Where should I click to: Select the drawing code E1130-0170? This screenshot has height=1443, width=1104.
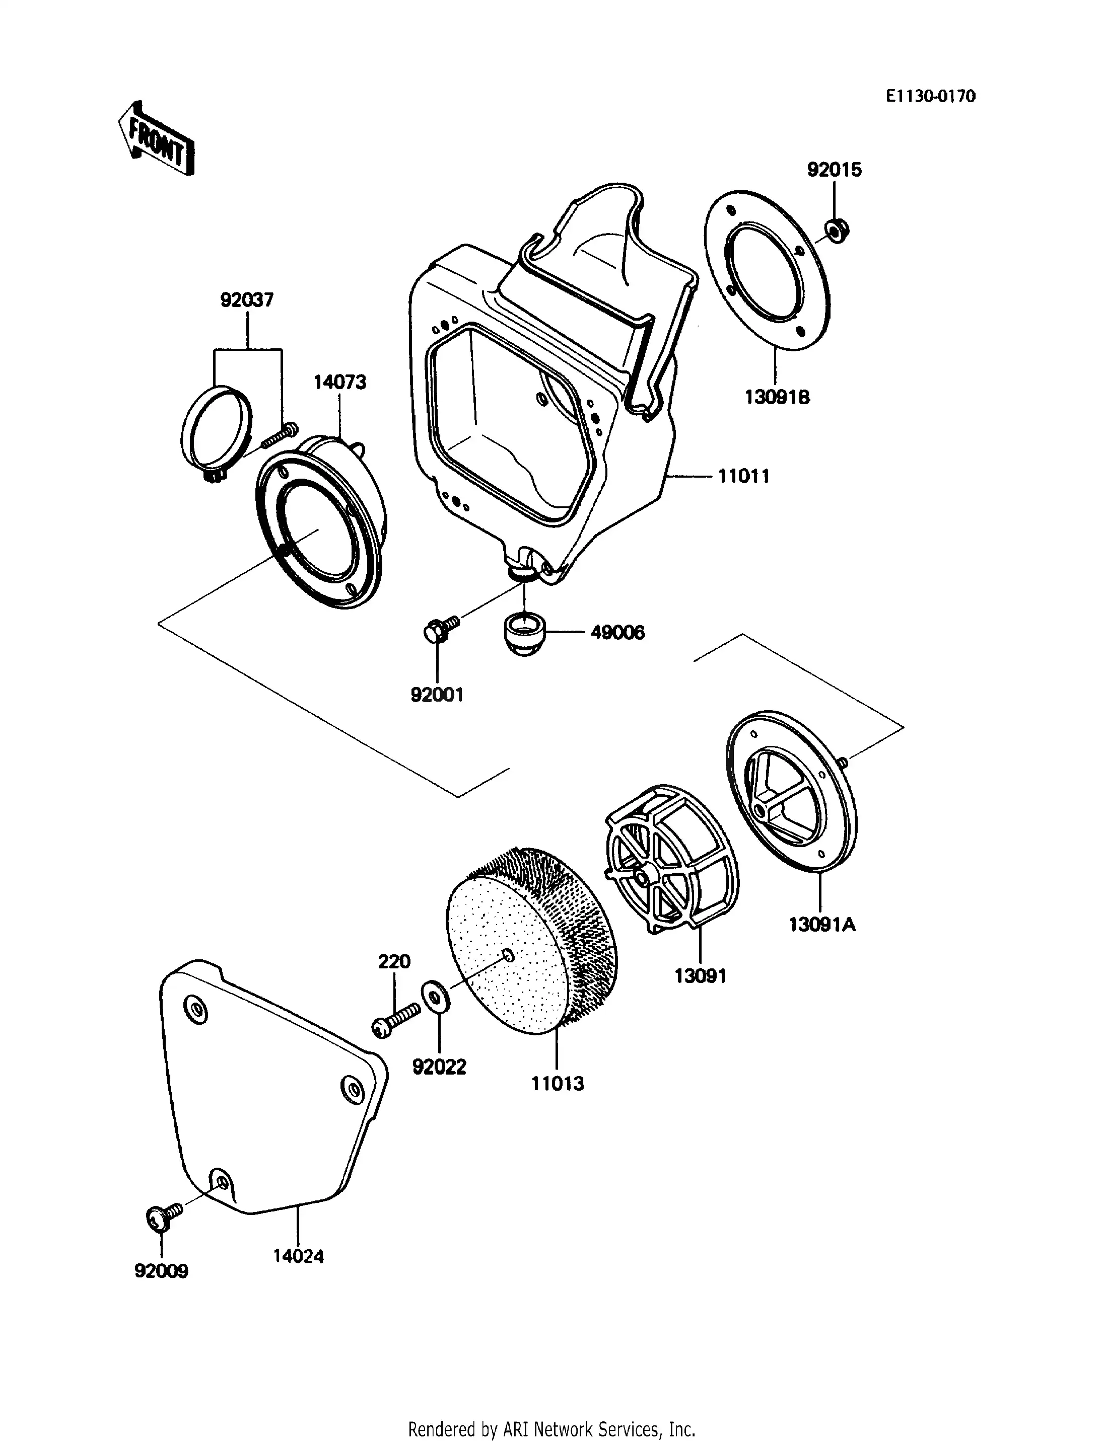930,97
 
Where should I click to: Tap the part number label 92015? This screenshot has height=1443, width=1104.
834,170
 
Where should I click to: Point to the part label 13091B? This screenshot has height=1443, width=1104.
778,398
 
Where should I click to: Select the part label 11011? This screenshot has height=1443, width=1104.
743,477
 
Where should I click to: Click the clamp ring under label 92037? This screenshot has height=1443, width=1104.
216,430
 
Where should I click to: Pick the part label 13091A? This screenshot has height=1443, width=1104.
822,925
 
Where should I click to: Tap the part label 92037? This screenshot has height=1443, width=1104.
247,300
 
